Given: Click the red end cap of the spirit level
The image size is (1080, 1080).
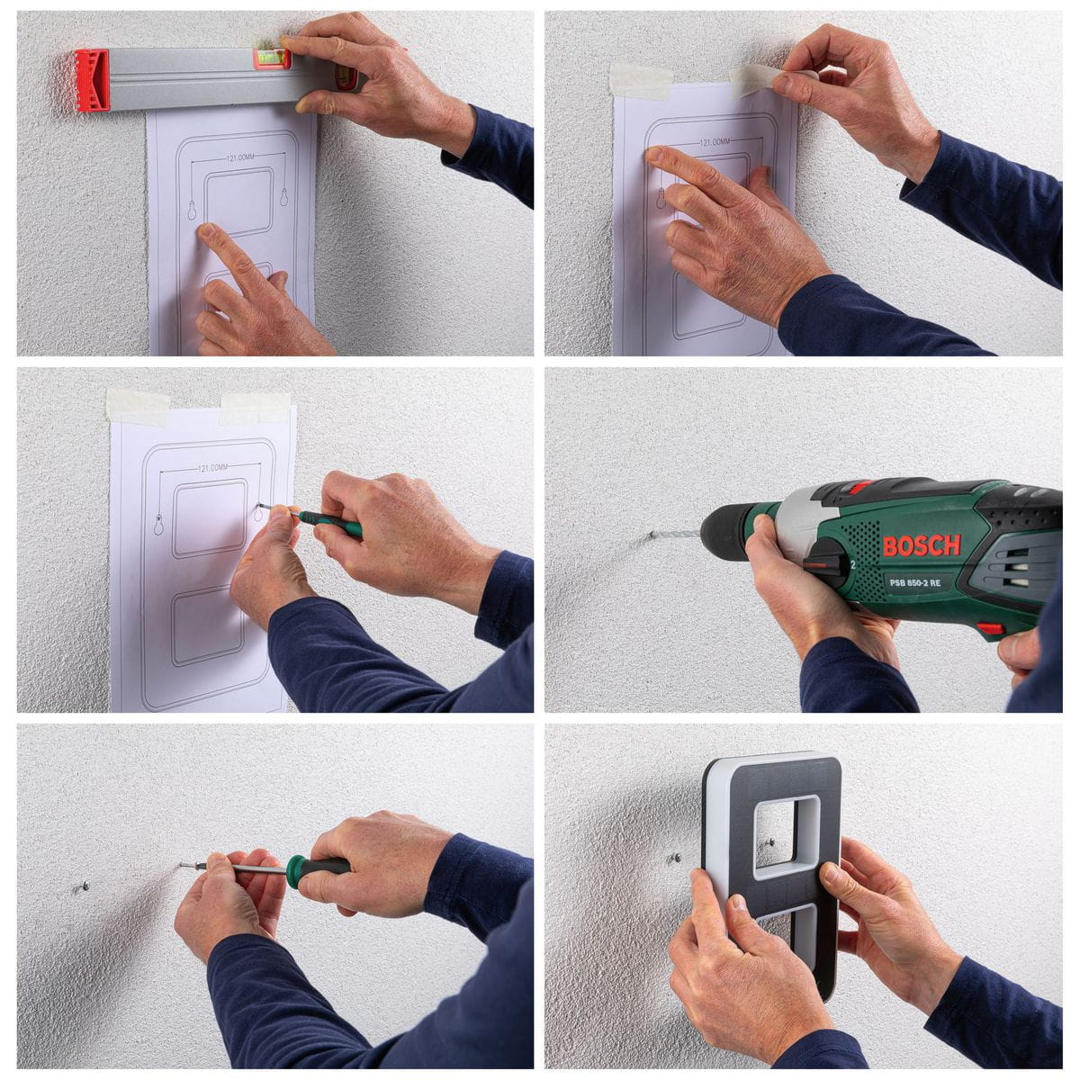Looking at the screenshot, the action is (93, 80).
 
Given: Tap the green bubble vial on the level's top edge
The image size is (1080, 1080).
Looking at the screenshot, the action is (272, 58).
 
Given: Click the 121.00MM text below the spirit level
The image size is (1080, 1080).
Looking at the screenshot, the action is (240, 158).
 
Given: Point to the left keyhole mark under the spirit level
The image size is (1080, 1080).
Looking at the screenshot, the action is (193, 211).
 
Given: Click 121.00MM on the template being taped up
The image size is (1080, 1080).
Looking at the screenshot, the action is (715, 142).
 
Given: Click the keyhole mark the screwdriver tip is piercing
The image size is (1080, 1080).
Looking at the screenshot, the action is (258, 511).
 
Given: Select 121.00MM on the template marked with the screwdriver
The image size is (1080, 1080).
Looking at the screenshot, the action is (213, 467).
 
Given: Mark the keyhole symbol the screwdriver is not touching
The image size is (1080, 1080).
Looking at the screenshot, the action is (159, 525).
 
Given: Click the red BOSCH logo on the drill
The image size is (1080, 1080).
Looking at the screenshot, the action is (922, 545).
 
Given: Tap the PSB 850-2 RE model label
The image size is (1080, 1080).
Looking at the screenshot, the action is (914, 583).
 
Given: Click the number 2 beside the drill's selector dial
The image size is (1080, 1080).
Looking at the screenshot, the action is (853, 564).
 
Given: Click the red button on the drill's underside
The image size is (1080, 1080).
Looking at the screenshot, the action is (991, 628).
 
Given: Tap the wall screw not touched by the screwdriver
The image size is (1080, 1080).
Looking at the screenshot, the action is (85, 886).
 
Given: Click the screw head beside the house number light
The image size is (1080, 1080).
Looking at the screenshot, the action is (677, 857).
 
